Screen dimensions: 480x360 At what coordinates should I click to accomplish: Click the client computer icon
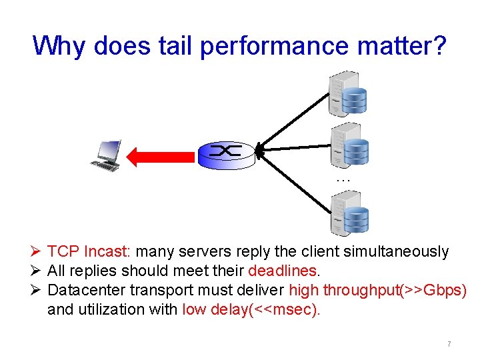107,155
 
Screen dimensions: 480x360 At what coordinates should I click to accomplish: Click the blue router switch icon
226,155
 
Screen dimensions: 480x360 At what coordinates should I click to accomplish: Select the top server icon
347,93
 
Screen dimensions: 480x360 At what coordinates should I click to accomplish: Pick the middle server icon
349,145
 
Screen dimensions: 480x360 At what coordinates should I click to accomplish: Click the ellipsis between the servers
343,179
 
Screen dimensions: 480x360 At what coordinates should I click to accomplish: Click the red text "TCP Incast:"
90,252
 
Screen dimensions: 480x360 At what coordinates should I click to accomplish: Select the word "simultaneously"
396,252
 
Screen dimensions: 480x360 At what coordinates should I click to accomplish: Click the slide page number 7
449,344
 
